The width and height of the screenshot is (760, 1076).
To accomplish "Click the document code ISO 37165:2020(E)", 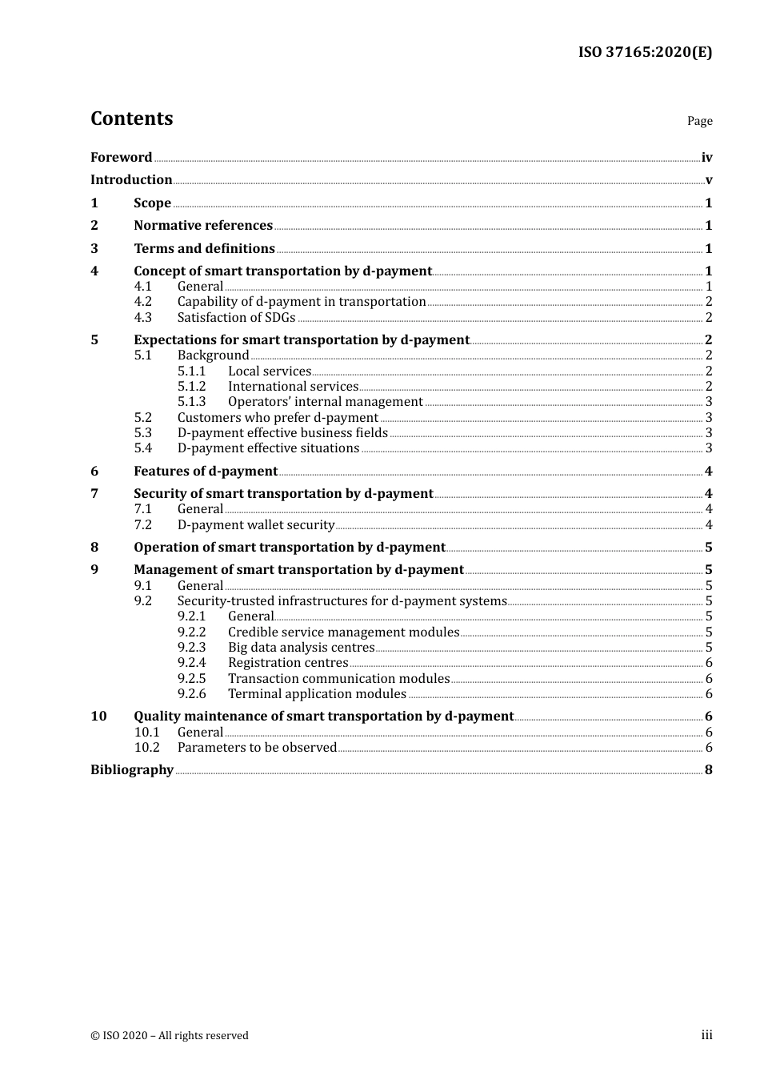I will [x=645, y=52].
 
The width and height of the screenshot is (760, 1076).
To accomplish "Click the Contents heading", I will [x=131, y=118].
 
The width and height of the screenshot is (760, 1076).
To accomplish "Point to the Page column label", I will [x=699, y=121].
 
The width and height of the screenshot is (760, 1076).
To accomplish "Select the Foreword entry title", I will [x=121, y=158].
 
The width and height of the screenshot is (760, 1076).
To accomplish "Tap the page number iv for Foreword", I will [x=706, y=158].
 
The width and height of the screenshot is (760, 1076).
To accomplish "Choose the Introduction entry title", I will [x=131, y=180].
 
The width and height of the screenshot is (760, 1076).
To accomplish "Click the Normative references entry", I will [x=203, y=226].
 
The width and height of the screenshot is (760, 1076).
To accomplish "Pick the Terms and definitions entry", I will [x=204, y=249].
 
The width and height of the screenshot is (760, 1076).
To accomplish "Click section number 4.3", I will [x=142, y=318].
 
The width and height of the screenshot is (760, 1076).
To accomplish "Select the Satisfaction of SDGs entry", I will [x=236, y=318].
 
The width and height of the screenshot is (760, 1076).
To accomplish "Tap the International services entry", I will [x=293, y=387].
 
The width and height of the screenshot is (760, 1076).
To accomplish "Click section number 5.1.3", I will [x=191, y=402].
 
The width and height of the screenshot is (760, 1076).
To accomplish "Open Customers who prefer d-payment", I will [x=278, y=418].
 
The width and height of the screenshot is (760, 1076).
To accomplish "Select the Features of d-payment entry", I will [x=206, y=472].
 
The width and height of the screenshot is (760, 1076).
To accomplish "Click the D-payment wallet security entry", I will [x=256, y=525].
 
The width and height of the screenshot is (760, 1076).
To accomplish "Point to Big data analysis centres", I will [x=301, y=648].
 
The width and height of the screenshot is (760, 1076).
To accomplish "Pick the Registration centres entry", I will [x=288, y=663].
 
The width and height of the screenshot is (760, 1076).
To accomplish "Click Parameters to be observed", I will [x=257, y=748].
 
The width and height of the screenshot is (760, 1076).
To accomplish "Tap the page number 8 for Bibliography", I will [x=708, y=770].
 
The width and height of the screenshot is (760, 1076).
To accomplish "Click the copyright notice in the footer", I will [x=170, y=1036].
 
